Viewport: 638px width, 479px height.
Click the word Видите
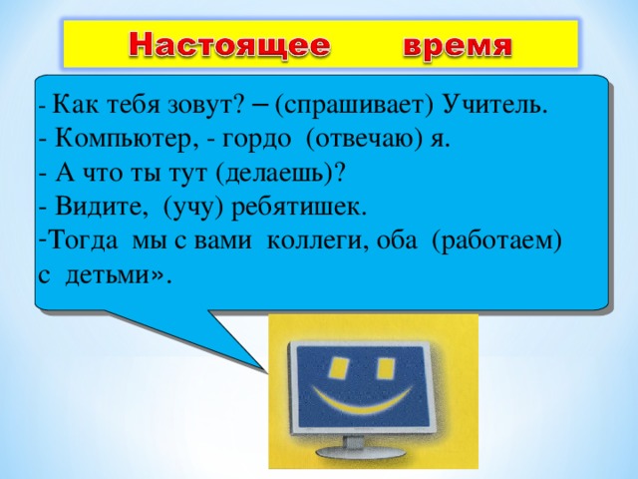pyautogui.click(x=100, y=206)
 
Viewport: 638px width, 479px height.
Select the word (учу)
pyautogui.click(x=195, y=206)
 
